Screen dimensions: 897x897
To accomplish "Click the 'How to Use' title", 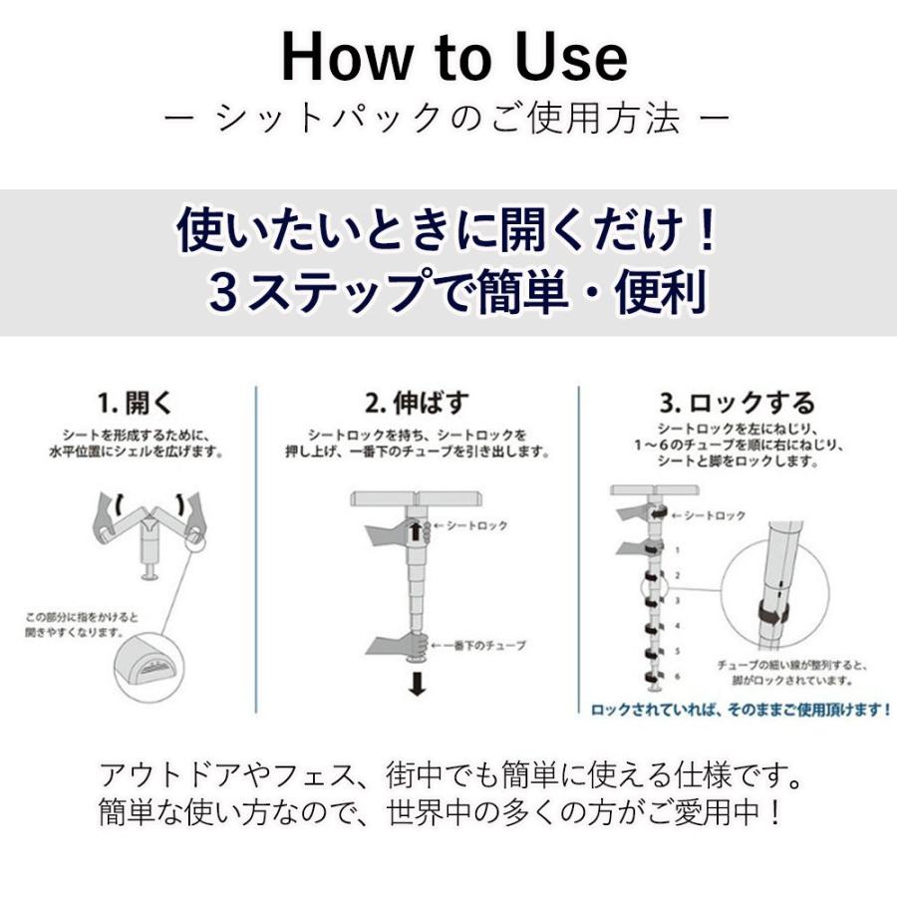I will tap(454, 58).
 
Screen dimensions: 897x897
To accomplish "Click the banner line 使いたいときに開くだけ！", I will tap(448, 232).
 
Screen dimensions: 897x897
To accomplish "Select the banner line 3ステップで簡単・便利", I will tap(457, 292).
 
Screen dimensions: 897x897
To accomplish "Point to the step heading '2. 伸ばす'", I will tap(416, 404).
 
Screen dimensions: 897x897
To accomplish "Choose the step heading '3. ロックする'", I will tap(738, 404).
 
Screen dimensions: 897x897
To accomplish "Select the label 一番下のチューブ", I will tap(485, 646).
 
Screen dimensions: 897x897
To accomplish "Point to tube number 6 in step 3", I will tap(679, 677).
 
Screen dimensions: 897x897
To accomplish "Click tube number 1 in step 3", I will tap(679, 549).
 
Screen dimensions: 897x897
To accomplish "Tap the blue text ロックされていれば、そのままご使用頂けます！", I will tap(741, 711).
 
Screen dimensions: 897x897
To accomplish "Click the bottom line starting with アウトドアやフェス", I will tap(451, 774).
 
